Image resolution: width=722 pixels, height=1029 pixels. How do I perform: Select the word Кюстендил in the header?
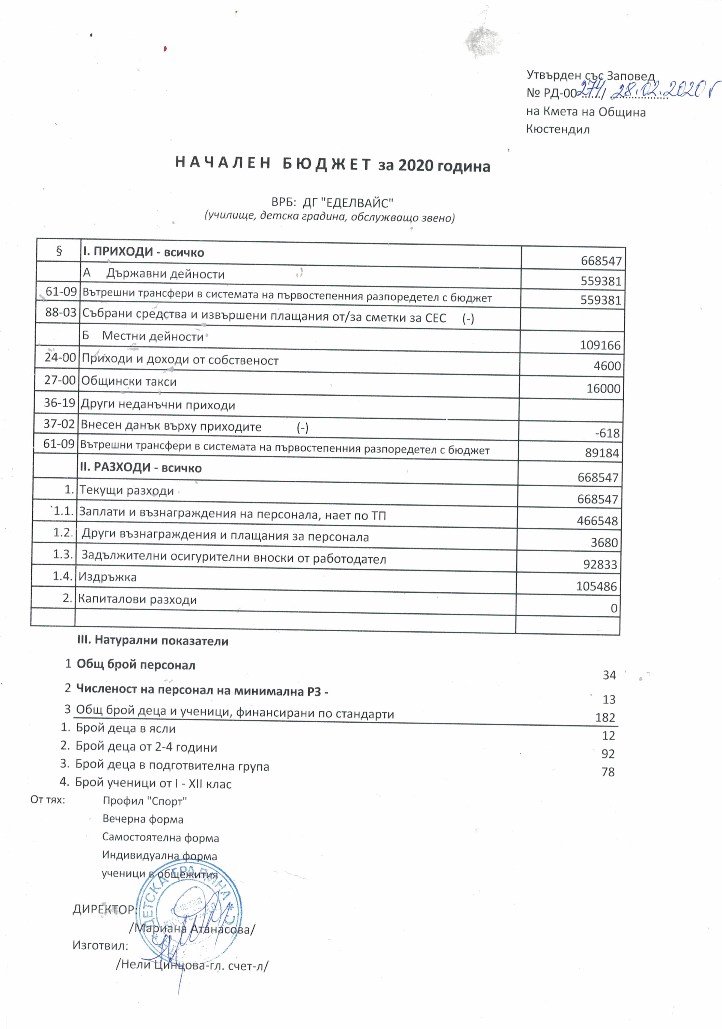557,129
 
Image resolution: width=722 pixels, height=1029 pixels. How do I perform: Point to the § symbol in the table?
59,251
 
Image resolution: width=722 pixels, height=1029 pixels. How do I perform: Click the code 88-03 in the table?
61,312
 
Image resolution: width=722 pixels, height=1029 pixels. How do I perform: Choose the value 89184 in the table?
602,453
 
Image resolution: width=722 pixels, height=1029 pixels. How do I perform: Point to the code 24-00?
60,357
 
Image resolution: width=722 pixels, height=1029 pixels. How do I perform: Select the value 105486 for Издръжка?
596,586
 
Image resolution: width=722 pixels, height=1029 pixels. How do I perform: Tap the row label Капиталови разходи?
137,599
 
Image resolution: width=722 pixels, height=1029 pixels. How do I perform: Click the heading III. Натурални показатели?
153,641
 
